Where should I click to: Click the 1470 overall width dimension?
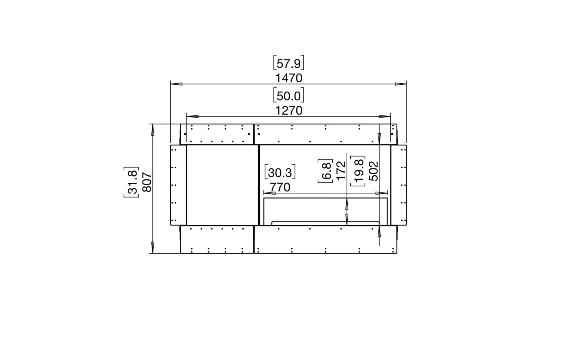(288, 78)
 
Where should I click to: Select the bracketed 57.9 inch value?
(288, 64)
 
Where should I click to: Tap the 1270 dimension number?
(288, 111)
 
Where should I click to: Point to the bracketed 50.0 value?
(288, 96)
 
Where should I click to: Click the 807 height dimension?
(147, 182)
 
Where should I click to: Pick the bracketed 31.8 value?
(132, 182)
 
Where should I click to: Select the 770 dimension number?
(280, 187)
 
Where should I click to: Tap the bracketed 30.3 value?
(280, 173)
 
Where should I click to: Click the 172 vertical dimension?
(341, 170)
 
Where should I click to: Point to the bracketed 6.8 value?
(325, 171)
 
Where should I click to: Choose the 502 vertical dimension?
(374, 171)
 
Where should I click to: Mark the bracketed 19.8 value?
(358, 171)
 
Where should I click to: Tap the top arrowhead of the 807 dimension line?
(153, 129)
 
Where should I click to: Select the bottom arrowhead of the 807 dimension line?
(153, 248)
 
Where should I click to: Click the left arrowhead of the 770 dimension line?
(269, 193)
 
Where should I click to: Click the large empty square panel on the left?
(222, 185)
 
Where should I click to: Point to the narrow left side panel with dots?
(178, 185)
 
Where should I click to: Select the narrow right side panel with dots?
(399, 185)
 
